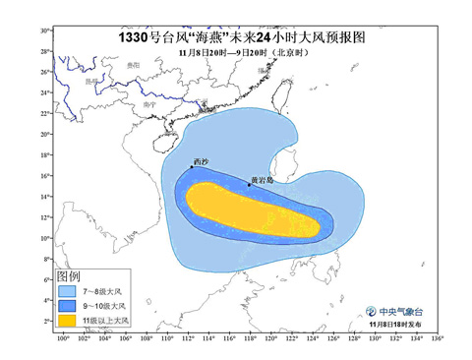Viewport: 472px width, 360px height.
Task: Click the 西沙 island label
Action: (201, 160)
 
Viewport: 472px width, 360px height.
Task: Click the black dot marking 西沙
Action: (192, 167)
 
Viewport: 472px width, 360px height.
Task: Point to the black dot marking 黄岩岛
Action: (249, 185)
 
